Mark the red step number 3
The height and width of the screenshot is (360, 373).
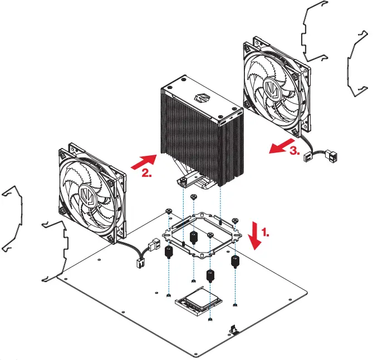pyautogui.click(x=295, y=151)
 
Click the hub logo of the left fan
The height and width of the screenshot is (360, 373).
pyautogui.click(x=87, y=195)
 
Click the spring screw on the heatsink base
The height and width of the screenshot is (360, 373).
pyautogui.click(x=183, y=181)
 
